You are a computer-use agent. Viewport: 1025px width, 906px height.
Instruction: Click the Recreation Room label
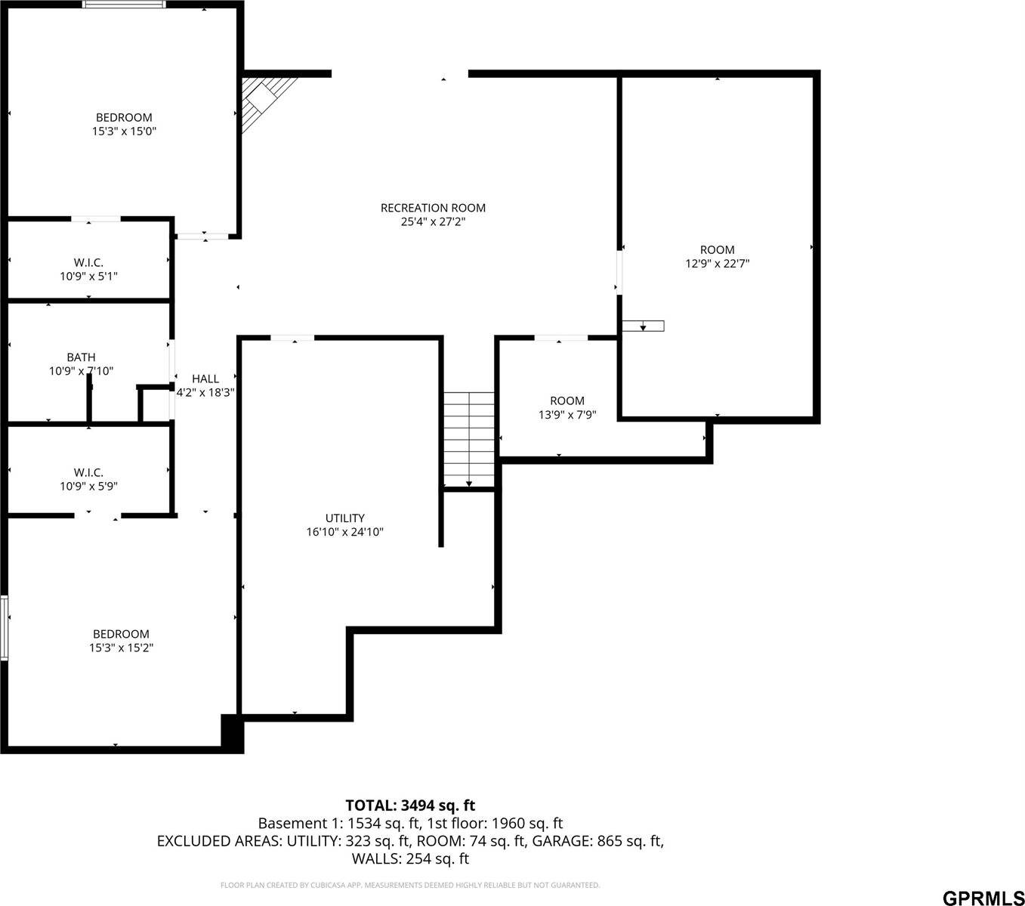point(433,208)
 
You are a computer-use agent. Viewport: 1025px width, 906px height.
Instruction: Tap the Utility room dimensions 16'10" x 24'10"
point(344,532)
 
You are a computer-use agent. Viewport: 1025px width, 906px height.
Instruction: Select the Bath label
point(81,357)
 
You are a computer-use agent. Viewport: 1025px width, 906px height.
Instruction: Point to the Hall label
point(205,379)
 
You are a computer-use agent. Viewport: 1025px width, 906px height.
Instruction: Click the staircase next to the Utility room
point(469,439)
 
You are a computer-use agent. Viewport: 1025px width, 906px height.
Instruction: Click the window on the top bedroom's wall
point(124,5)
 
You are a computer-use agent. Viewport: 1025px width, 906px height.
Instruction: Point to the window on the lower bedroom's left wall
point(5,628)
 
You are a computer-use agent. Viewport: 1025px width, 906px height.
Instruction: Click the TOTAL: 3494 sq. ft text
point(410,806)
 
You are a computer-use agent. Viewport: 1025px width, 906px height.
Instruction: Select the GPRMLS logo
point(983,898)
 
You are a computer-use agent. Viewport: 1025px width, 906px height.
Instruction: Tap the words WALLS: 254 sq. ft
point(410,859)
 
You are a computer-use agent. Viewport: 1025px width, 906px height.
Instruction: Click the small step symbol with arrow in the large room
point(643,326)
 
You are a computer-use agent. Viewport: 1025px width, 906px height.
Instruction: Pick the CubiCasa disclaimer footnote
point(410,885)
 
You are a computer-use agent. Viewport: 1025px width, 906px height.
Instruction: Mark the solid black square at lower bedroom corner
point(232,732)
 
